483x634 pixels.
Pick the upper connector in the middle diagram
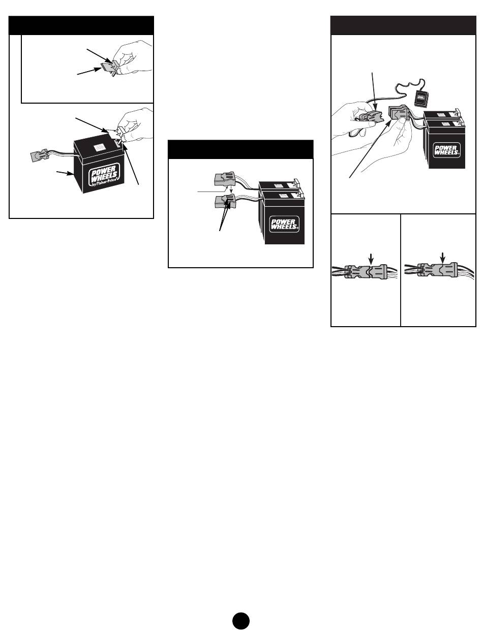[225, 181]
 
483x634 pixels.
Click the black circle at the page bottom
[242, 622]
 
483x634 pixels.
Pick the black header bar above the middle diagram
[240, 150]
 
